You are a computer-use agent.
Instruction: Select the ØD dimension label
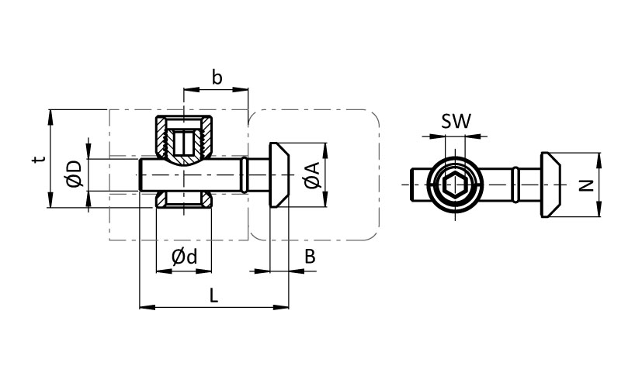pos(75,174)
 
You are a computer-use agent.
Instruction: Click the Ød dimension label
pos(184,257)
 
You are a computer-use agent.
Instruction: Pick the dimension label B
pos(310,257)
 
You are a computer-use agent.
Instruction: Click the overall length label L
pos(214,295)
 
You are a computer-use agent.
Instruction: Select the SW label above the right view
pos(456,121)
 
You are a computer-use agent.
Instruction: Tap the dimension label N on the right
pos(587,185)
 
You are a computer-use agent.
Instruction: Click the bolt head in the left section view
pos(279,175)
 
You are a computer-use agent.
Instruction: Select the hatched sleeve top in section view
pos(183,138)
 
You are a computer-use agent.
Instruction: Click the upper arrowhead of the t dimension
pos(51,116)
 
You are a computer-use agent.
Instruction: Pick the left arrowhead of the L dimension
pos(144,308)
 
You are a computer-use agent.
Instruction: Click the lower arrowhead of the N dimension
pos(600,211)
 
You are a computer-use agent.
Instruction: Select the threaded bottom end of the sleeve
pos(183,202)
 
